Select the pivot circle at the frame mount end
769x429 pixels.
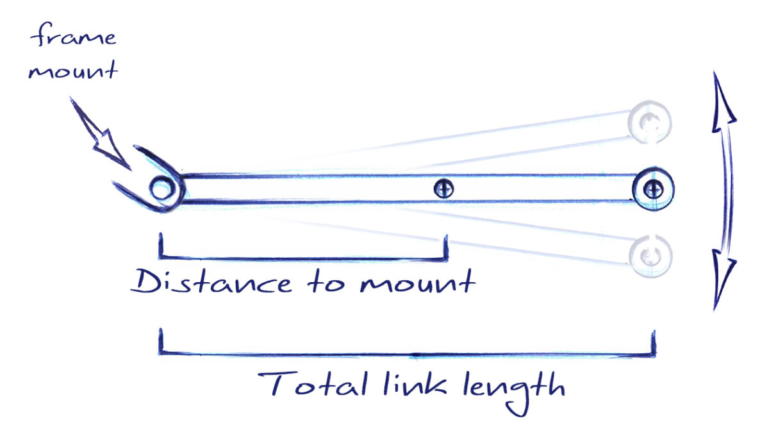point(161,189)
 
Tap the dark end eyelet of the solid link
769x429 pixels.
point(652,189)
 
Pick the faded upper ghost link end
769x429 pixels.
point(650,120)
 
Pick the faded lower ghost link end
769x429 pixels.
point(651,255)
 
